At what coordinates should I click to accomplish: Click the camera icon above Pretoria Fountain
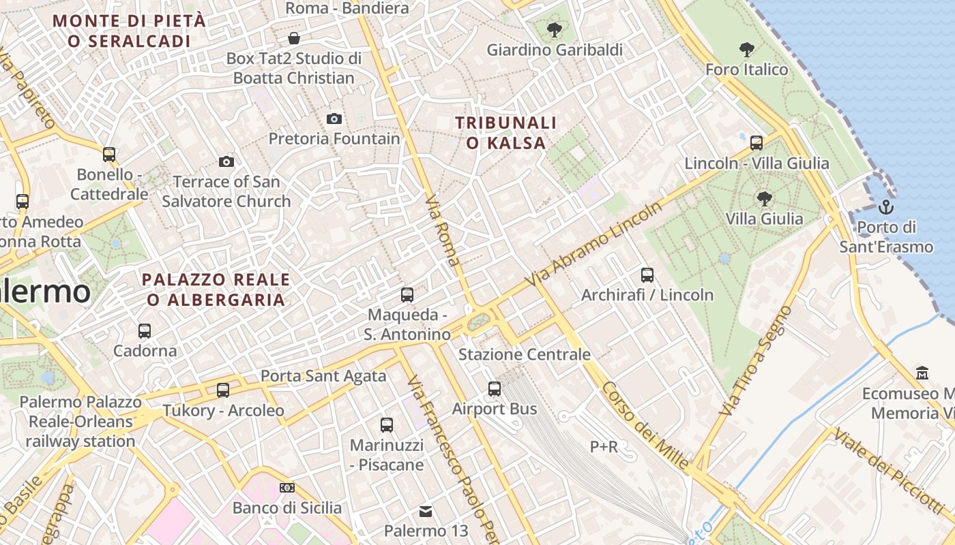point(334,119)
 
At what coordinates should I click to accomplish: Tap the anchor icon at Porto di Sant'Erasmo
point(886,206)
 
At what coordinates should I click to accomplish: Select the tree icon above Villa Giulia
point(764,198)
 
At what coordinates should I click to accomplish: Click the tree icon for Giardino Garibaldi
point(554,29)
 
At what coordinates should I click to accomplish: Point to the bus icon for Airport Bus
point(495,389)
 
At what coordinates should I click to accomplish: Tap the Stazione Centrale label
point(524,354)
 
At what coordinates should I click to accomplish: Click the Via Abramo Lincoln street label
point(596,243)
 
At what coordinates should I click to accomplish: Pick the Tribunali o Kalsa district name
point(505,133)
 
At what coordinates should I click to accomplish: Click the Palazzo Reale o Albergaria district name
point(216,290)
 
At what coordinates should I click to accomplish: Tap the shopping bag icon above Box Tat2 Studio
point(294,37)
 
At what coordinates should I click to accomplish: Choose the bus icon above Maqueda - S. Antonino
point(407,295)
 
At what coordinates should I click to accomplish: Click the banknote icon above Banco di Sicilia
point(287,488)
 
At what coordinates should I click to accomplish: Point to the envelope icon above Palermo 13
point(426,511)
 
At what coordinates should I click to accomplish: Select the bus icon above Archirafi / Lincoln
point(647,275)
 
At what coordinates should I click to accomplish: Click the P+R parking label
point(604,446)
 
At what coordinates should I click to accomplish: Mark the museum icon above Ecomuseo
point(922,373)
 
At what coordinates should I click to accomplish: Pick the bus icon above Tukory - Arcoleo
point(223,390)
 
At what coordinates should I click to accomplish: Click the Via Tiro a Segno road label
point(756,360)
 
